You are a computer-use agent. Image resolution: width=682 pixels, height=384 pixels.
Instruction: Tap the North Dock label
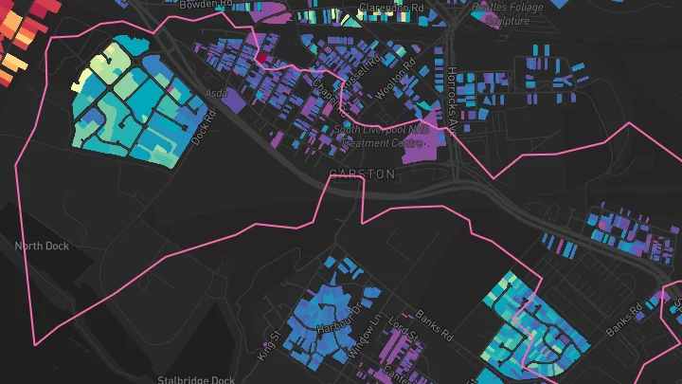(x=42, y=247)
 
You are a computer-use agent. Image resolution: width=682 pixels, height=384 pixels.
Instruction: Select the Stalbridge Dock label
(x=197, y=379)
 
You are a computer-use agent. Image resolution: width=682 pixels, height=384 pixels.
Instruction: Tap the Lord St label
(x=404, y=337)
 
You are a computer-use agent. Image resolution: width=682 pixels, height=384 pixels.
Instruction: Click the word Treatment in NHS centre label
(x=364, y=142)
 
